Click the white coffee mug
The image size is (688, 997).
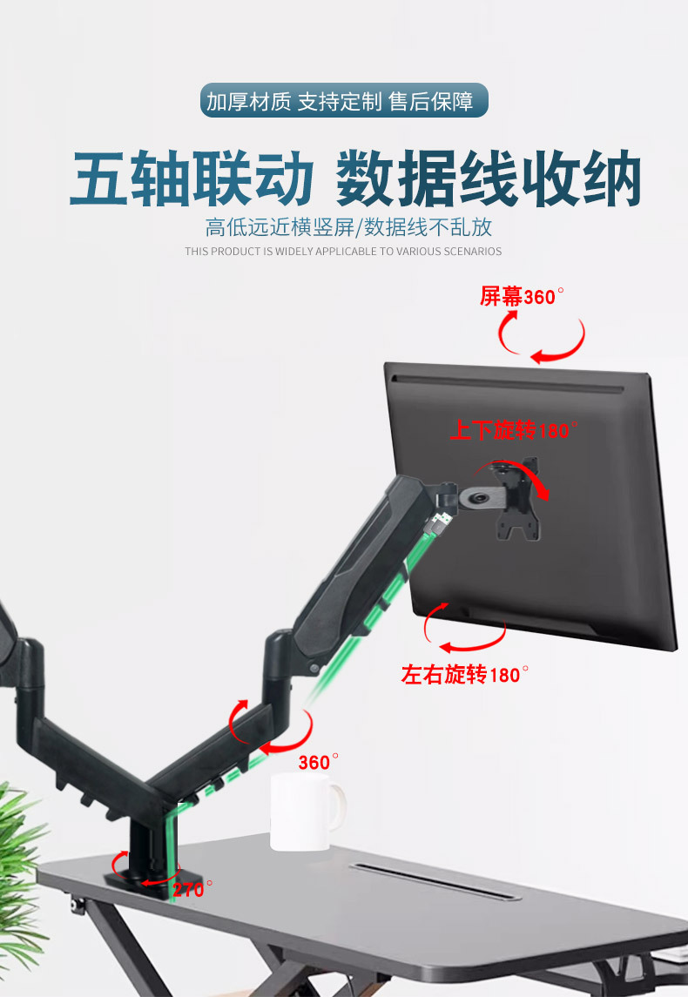300,811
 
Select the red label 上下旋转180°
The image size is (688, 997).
514,430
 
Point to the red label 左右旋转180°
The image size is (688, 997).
465,675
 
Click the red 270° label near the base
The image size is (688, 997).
192,889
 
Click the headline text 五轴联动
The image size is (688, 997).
192,180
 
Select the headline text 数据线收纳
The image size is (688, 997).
489,180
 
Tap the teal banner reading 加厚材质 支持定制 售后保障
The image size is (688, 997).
344,101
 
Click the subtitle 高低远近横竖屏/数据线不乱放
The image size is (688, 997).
348,228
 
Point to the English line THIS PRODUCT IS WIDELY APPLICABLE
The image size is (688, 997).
343,252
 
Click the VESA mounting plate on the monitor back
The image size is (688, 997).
514,500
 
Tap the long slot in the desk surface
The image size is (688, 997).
435,881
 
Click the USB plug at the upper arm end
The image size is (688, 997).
441,522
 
